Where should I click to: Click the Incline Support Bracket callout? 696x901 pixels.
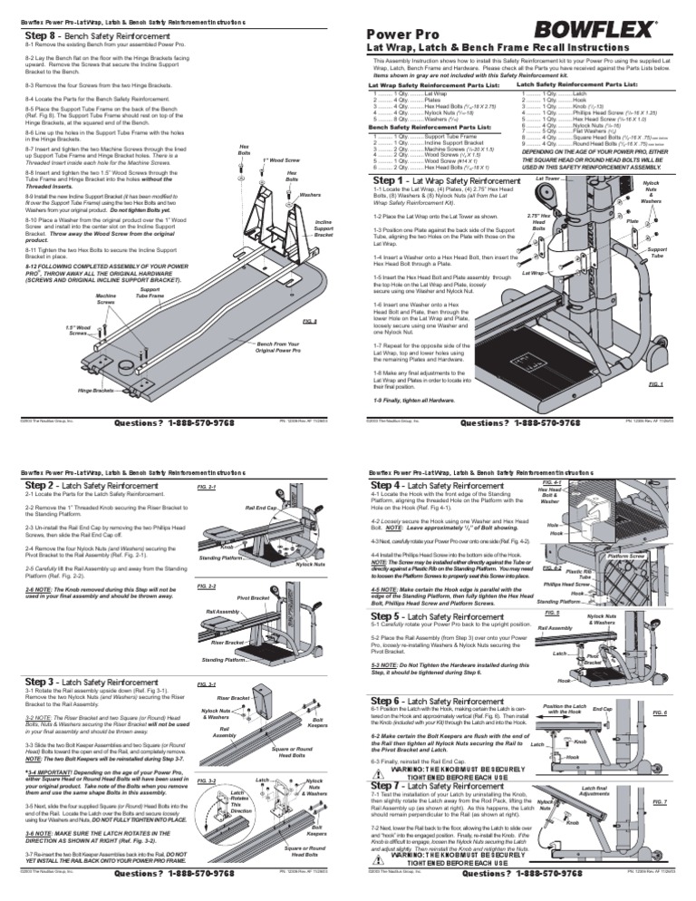coord(322,226)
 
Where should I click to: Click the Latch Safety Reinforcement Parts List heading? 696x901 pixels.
coord(569,83)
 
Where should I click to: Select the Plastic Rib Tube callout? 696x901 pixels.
coord(604,600)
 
